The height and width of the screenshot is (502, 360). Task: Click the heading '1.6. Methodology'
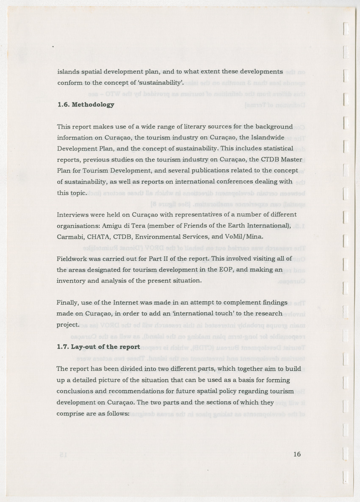(85, 105)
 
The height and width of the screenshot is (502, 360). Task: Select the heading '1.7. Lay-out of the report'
(98, 347)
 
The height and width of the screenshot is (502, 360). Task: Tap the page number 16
(296, 454)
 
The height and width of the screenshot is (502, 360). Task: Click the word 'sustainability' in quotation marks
(161, 83)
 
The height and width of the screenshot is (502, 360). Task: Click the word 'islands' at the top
(67, 72)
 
